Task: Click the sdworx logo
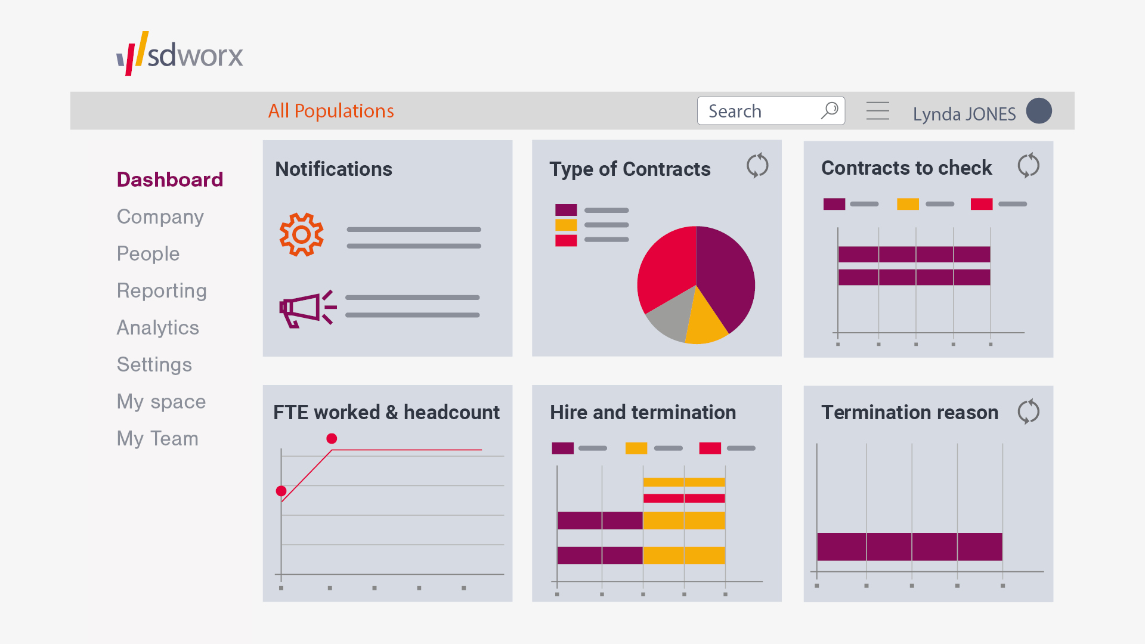[x=180, y=54]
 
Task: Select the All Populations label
[x=331, y=111]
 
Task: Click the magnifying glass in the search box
[x=830, y=110]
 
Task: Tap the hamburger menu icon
[x=877, y=111]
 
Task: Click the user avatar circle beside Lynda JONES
[x=1039, y=111]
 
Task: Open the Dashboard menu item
[x=170, y=179]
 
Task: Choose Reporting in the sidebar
[x=162, y=290]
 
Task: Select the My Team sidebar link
[x=157, y=438]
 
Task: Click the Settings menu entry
[x=154, y=364]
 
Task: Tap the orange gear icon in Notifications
[x=302, y=234]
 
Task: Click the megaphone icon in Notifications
[x=306, y=309]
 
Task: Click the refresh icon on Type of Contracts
[x=757, y=166]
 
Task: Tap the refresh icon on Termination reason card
[x=1028, y=411]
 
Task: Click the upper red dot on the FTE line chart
[x=332, y=439]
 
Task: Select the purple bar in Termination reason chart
[x=909, y=547]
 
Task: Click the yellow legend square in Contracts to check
[x=908, y=205]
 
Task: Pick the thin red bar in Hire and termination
[x=684, y=499]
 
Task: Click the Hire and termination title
[x=642, y=412]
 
